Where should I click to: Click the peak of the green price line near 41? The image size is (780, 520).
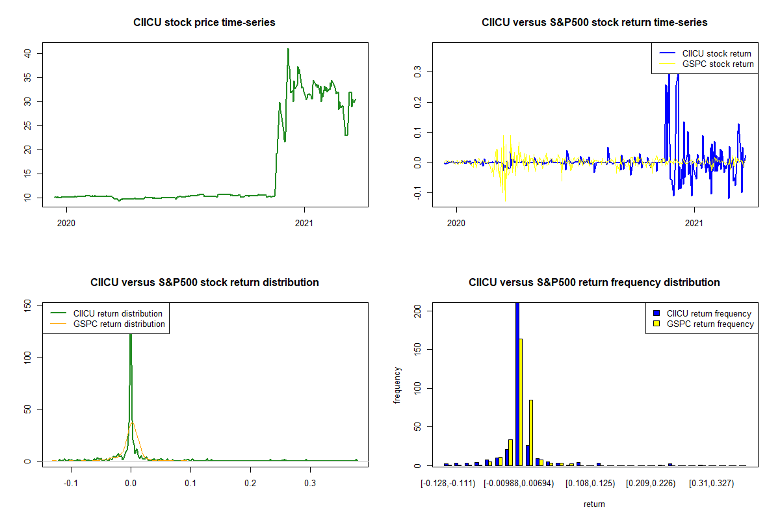point(288,49)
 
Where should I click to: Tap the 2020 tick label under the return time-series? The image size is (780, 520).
point(456,224)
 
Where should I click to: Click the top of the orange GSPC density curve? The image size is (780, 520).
point(132,422)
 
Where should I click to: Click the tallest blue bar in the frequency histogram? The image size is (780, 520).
point(517,383)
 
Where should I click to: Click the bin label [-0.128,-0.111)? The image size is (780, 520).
point(448,484)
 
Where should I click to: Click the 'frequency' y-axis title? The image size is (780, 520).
point(397,385)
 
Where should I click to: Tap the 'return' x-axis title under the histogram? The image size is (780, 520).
point(594,504)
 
